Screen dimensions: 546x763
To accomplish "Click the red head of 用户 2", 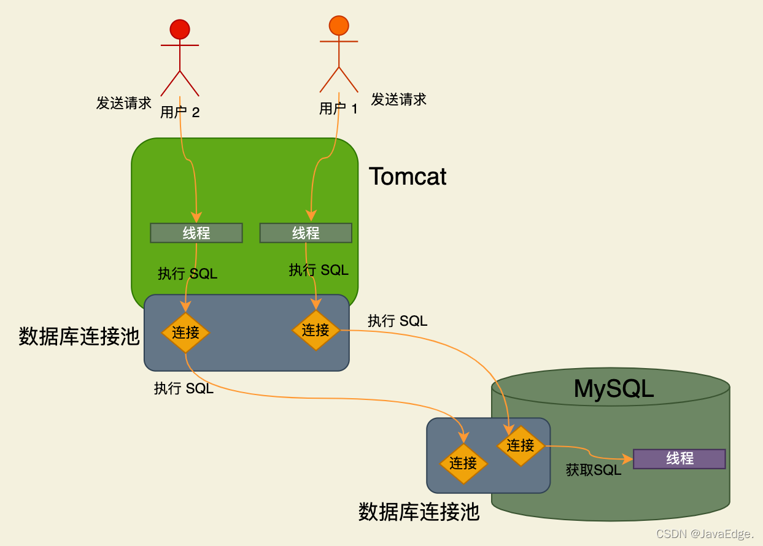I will click(x=180, y=29).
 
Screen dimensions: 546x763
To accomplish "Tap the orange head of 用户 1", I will click(x=338, y=25).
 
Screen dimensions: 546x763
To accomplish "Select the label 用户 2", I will click(x=180, y=112).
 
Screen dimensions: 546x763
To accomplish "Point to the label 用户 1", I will click(x=338, y=109).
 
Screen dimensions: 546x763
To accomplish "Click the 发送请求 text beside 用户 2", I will click(x=123, y=102).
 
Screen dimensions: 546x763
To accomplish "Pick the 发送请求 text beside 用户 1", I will click(x=398, y=99).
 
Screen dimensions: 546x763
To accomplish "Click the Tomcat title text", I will click(x=408, y=177).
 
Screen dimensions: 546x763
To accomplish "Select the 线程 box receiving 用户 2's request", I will click(x=196, y=233).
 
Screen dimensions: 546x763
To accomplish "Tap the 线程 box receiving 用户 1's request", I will click(x=306, y=233).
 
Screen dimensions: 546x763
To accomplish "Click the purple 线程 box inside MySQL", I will click(x=679, y=459).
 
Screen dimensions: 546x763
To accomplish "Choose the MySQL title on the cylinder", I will click(x=613, y=388).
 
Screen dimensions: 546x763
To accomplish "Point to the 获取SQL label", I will click(x=593, y=471).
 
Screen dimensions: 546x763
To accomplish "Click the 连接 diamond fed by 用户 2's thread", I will click(x=185, y=333).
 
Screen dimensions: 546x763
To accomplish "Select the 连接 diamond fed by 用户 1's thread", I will click(x=316, y=330).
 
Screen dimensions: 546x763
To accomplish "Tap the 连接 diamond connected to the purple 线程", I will click(x=521, y=445).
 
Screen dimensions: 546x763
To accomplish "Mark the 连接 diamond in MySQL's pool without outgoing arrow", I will click(x=463, y=463).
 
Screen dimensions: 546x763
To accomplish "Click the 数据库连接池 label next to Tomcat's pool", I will click(x=79, y=336).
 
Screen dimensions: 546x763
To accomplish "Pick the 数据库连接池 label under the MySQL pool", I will click(x=419, y=512).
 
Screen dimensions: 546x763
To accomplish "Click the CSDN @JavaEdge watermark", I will click(x=705, y=534).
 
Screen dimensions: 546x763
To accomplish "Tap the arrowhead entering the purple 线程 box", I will click(x=628, y=459).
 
